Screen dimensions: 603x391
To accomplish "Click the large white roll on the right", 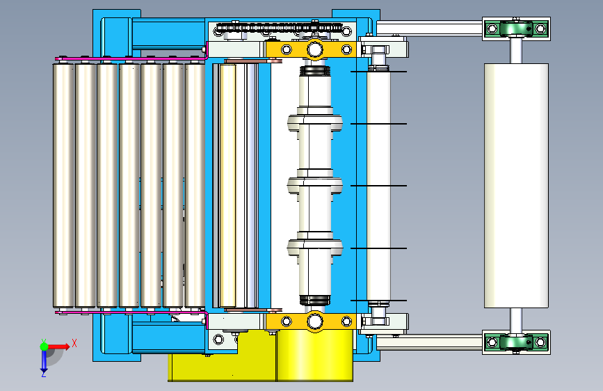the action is click(x=516, y=186).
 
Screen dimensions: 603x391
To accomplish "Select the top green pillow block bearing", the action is click(x=516, y=29).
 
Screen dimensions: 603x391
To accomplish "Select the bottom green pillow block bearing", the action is click(x=516, y=342).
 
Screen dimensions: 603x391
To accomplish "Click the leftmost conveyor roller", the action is click(x=63, y=186).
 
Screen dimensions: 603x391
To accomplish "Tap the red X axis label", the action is click(x=74, y=343).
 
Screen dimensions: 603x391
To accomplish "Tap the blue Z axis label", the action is click(x=44, y=374).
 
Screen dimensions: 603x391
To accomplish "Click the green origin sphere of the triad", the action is click(x=44, y=346).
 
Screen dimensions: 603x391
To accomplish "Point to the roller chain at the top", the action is click(x=280, y=27).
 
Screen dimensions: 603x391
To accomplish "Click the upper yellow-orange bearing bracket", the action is click(x=311, y=50).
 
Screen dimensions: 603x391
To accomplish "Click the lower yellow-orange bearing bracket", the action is click(x=311, y=321).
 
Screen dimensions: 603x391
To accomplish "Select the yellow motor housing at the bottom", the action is click(x=261, y=356).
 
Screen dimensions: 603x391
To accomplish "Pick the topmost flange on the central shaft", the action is click(x=315, y=122).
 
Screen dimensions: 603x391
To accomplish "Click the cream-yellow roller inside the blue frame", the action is click(x=227, y=186).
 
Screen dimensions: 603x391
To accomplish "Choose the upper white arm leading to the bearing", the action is click(x=429, y=29).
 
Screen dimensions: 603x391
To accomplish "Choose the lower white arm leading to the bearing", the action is click(x=429, y=342).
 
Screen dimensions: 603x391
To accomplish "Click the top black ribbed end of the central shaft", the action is click(x=315, y=71).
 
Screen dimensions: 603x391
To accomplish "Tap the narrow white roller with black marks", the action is click(x=379, y=186).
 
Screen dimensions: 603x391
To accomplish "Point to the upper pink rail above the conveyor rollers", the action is click(x=131, y=59).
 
